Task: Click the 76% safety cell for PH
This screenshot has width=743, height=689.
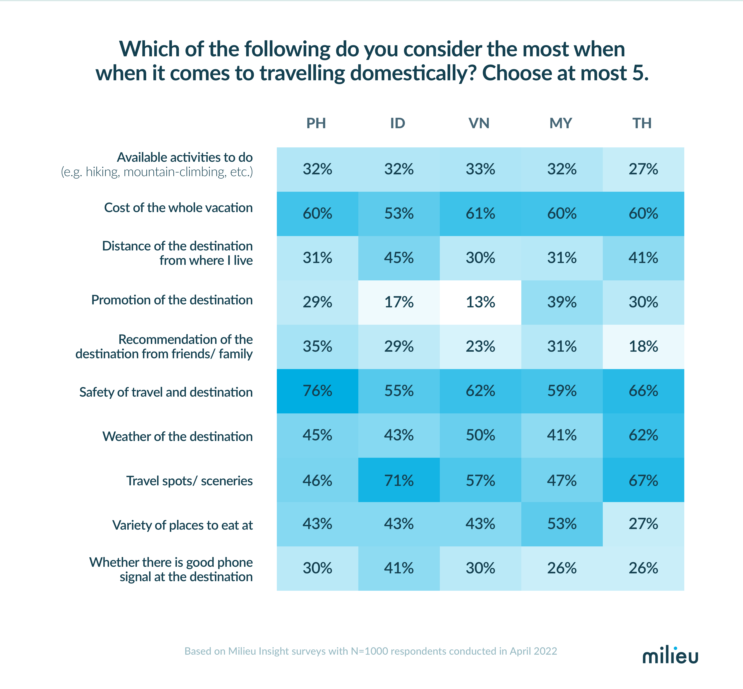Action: (317, 391)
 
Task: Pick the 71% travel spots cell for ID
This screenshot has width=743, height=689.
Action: (399, 480)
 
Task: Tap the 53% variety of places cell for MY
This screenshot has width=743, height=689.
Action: (562, 524)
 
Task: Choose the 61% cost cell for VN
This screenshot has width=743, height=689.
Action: (480, 214)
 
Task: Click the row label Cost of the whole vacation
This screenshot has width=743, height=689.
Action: (178, 208)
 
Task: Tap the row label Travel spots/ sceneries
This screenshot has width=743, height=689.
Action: (189, 481)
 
